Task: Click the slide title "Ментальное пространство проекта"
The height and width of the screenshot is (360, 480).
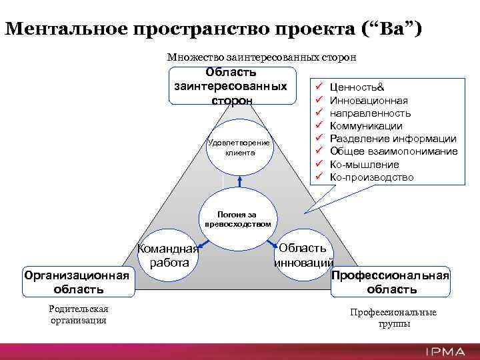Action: [x=180, y=29]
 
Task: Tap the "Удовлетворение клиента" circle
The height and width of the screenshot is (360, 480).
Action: [x=239, y=147]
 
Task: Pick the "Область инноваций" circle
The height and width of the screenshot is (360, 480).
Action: [x=303, y=254]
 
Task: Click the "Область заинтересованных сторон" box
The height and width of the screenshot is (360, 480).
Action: [x=231, y=86]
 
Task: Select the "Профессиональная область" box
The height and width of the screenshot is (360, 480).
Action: [x=391, y=282]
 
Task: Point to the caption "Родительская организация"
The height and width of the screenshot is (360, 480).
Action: [x=79, y=314]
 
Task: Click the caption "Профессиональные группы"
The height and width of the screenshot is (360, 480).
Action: [x=393, y=317]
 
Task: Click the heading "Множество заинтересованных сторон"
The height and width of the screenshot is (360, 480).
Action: [x=261, y=57]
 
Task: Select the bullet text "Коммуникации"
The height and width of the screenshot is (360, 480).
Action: [x=366, y=126]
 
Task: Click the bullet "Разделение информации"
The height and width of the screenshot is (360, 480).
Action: [x=393, y=139]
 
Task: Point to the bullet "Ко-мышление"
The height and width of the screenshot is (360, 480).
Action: [x=364, y=164]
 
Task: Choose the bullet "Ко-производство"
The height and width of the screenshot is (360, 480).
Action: [x=371, y=177]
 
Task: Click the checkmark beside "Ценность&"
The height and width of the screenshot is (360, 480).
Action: [x=319, y=87]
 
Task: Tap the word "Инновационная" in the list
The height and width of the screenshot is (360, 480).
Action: [x=369, y=101]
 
